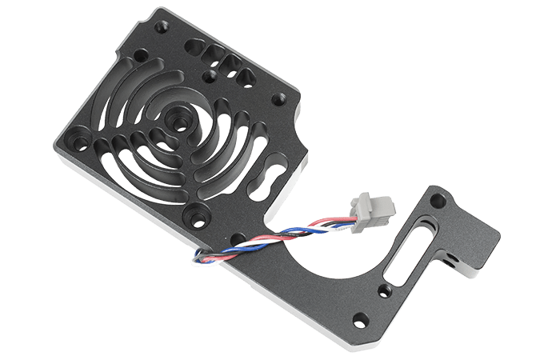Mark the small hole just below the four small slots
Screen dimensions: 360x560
pyautogui.click(x=210, y=77)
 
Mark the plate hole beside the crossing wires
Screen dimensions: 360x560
pyautogui.click(x=237, y=237)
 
